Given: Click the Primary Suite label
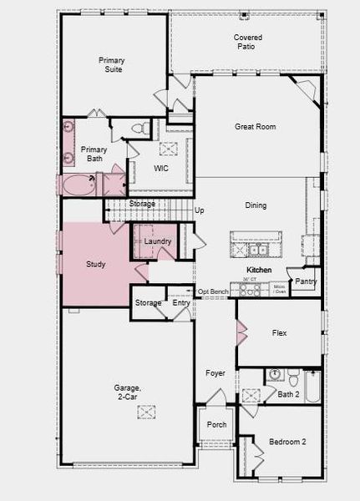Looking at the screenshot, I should [x=111, y=65].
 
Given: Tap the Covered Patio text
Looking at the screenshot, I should [x=247, y=43].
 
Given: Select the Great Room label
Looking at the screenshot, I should [x=254, y=127].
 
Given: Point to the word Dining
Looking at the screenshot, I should [x=256, y=205].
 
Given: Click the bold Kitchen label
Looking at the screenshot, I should [x=258, y=271].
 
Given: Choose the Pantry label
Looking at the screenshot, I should [x=306, y=281].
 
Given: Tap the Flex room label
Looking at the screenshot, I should [x=280, y=332].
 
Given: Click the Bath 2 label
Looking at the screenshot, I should [x=288, y=394].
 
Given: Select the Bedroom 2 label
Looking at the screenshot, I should [x=287, y=442].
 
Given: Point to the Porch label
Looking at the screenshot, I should [x=216, y=425].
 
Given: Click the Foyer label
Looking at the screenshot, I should [x=215, y=373].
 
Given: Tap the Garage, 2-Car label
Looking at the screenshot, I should [x=128, y=392].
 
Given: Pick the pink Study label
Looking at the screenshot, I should [x=96, y=265].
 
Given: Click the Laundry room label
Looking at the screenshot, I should [x=158, y=242].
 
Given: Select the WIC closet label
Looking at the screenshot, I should [x=161, y=168].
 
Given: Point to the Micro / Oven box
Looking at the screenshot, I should [x=280, y=289].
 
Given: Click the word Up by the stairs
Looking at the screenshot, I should [x=199, y=210].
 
